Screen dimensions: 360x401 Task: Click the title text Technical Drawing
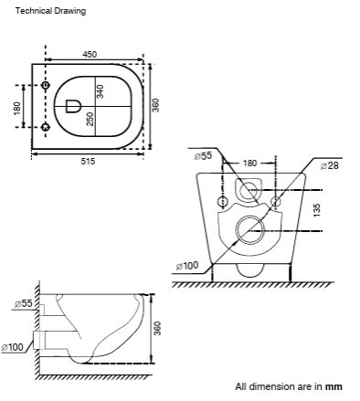click(x=50, y=11)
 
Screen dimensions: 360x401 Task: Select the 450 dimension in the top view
click(x=90, y=54)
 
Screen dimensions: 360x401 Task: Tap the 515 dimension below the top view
click(x=88, y=161)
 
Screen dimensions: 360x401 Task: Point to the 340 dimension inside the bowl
click(x=100, y=91)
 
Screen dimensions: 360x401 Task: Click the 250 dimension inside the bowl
click(x=90, y=119)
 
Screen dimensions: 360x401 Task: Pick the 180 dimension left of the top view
click(x=17, y=109)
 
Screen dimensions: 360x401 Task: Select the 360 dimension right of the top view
click(x=155, y=105)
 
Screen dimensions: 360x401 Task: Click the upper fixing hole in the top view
click(x=46, y=86)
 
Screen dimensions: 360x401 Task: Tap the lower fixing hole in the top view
click(x=46, y=127)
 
